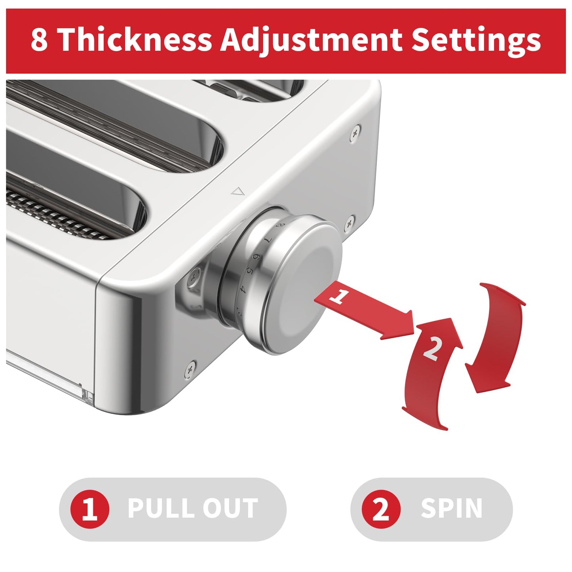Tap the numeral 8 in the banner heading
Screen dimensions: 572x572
pos(40,40)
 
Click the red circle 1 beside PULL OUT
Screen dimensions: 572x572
pos(89,509)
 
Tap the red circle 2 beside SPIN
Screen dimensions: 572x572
pos(381,509)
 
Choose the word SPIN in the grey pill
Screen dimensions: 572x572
pos(451,509)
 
